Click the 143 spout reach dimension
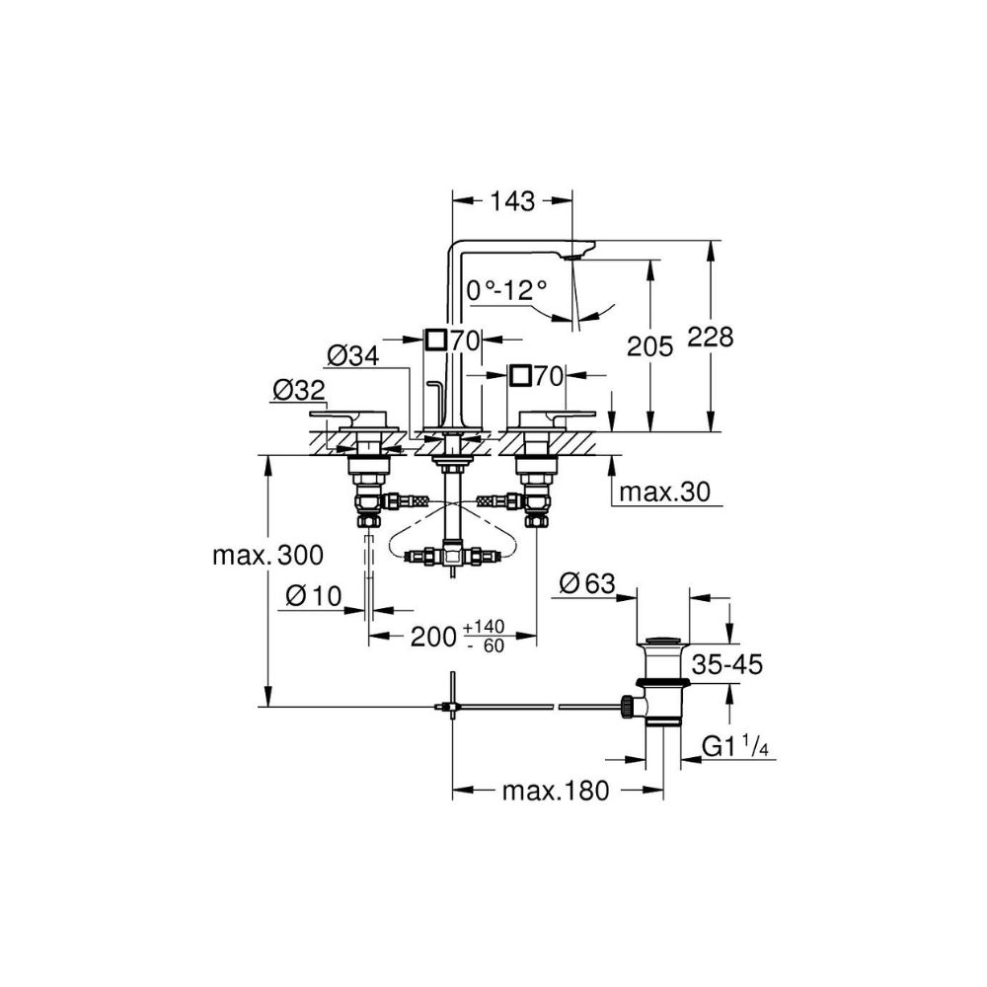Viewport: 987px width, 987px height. click(x=510, y=201)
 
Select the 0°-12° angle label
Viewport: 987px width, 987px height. click(x=506, y=289)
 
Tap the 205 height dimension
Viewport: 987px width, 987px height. click(x=649, y=345)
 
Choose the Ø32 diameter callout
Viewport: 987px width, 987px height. click(x=295, y=391)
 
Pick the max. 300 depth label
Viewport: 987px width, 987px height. click(x=267, y=556)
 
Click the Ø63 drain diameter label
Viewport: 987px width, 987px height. click(x=586, y=584)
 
